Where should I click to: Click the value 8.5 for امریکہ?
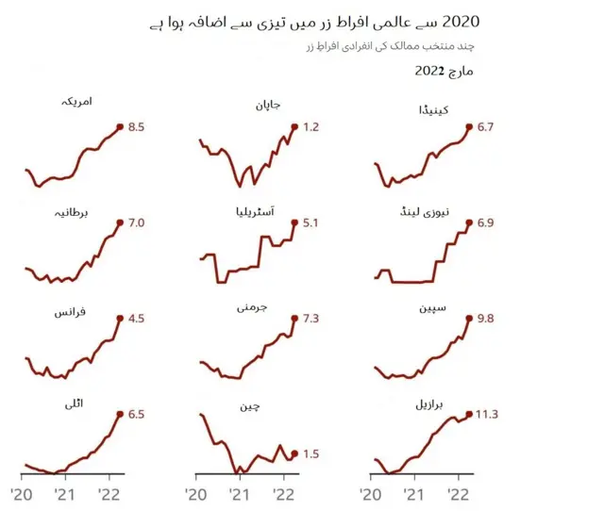(x=135, y=125)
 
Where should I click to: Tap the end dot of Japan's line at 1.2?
(x=295, y=126)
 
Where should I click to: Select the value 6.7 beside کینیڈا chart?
(x=486, y=125)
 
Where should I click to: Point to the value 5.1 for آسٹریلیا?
(x=310, y=223)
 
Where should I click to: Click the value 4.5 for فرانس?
(x=135, y=319)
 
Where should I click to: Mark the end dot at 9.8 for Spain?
(x=469, y=319)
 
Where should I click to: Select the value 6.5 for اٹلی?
(x=135, y=414)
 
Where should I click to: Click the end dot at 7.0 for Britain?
(x=120, y=223)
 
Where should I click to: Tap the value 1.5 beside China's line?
(x=310, y=453)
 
